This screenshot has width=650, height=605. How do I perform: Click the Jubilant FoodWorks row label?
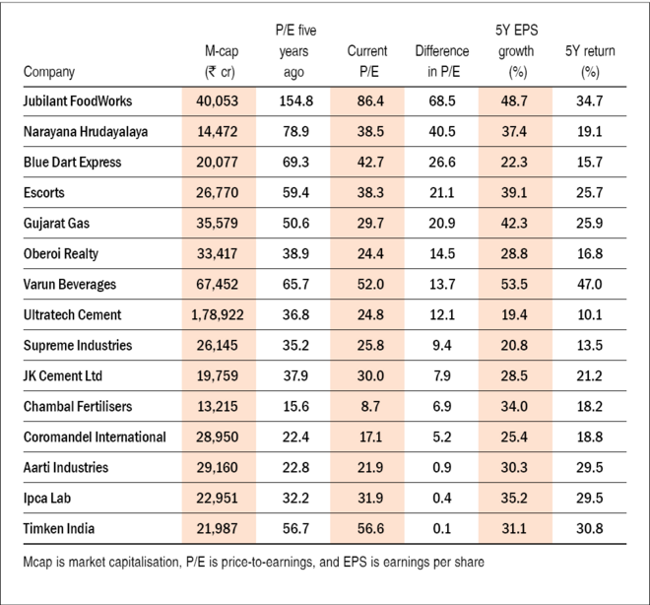click(76, 101)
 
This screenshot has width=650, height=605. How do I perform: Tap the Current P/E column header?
click(367, 60)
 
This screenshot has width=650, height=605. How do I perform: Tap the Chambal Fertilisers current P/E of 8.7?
click(367, 406)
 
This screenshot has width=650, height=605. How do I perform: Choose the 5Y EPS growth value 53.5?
click(513, 284)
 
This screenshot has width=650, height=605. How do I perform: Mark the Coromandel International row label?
click(94, 437)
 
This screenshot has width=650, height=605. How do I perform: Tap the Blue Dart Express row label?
click(73, 163)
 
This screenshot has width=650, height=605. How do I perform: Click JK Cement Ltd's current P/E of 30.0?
click(367, 375)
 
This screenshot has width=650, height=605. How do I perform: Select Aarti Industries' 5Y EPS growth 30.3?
click(513, 467)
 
